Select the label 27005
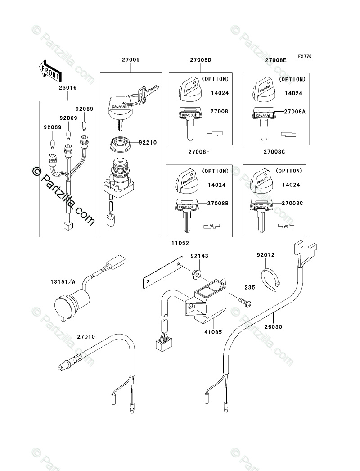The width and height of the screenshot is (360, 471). pos(130,59)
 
